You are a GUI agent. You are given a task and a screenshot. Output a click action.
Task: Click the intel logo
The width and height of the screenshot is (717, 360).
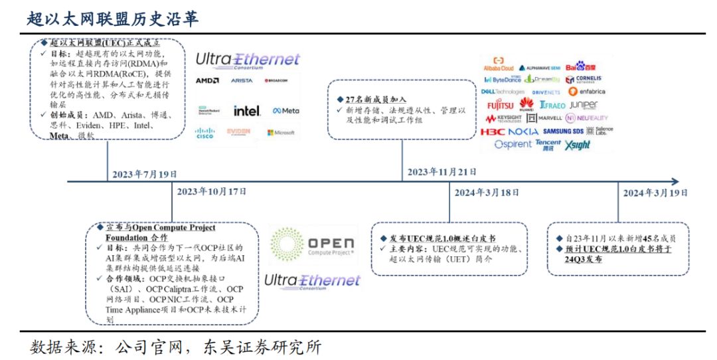pyautogui.click(x=247, y=110)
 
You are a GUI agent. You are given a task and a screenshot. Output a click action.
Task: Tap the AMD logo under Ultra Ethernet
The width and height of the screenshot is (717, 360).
pyautogui.click(x=207, y=80)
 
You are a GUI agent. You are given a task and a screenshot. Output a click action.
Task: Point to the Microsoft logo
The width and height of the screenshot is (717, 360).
pyautogui.click(x=281, y=132)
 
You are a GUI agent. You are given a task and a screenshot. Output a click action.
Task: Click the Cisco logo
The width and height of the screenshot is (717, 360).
pyautogui.click(x=205, y=133)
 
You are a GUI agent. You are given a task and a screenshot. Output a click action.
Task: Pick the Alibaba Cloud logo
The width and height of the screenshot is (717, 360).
pyautogui.click(x=499, y=65)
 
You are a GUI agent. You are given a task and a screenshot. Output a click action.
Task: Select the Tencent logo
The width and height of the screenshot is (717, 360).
pyautogui.click(x=548, y=144)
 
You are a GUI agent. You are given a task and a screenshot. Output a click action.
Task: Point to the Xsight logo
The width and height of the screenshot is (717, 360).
pyautogui.click(x=577, y=145)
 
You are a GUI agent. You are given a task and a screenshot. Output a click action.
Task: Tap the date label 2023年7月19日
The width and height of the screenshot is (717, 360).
pyautogui.click(x=143, y=174)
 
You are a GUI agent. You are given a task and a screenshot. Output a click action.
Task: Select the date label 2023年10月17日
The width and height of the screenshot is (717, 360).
pyautogui.click(x=212, y=191)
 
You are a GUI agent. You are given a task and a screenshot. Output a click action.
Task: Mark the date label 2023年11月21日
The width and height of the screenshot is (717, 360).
pyautogui.click(x=439, y=172)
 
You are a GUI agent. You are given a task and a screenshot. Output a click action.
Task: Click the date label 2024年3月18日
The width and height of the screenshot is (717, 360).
pyautogui.click(x=487, y=193)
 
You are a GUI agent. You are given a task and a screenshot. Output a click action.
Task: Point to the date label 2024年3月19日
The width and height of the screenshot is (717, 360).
pyautogui.click(x=655, y=193)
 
